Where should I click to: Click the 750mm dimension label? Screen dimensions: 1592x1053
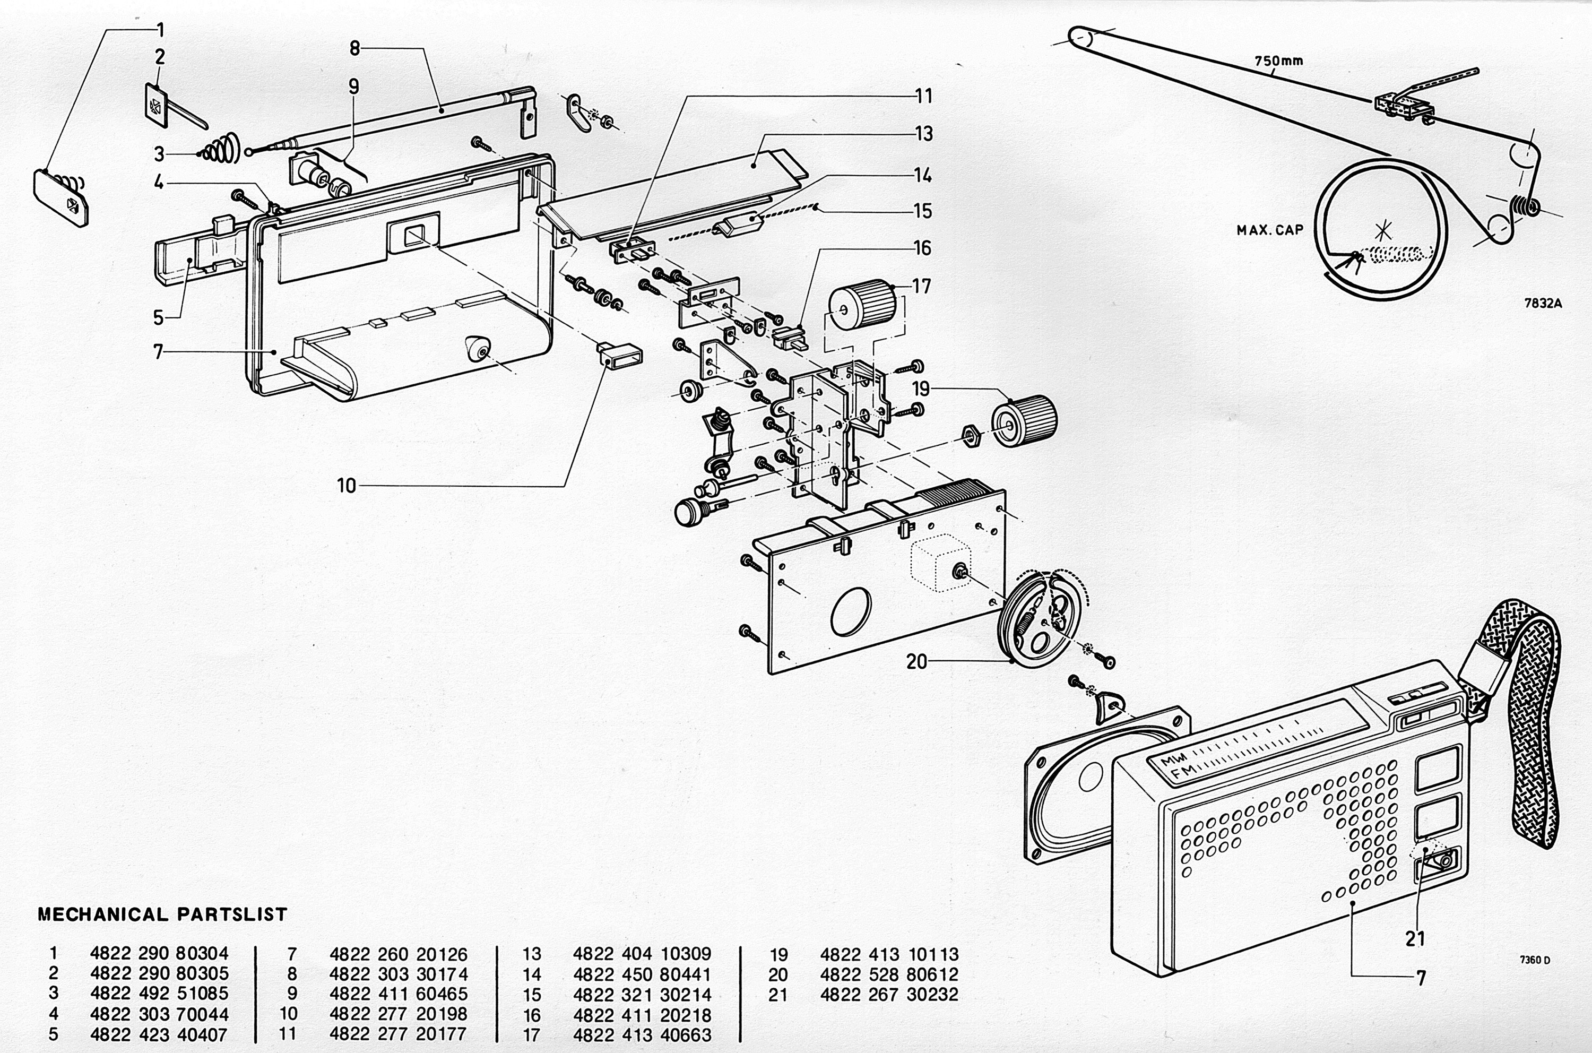coord(1278,61)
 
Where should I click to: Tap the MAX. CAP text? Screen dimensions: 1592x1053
coord(1270,230)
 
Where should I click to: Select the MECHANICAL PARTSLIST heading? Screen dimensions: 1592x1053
coord(162,914)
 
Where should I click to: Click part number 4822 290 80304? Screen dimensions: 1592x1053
coord(159,954)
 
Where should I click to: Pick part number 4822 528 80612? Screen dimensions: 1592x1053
coord(889,974)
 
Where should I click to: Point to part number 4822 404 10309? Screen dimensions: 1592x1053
coord(642,954)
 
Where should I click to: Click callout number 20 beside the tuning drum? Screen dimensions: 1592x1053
coord(916,662)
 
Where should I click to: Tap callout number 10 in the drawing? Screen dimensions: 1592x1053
coord(347,486)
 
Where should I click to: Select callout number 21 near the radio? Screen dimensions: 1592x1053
coord(1415,938)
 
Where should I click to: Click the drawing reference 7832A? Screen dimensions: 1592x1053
coord(1543,303)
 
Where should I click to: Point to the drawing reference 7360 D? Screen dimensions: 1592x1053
coord(1535,960)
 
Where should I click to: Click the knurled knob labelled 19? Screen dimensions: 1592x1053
coord(1025,422)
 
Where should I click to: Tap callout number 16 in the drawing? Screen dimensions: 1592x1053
coord(923,248)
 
